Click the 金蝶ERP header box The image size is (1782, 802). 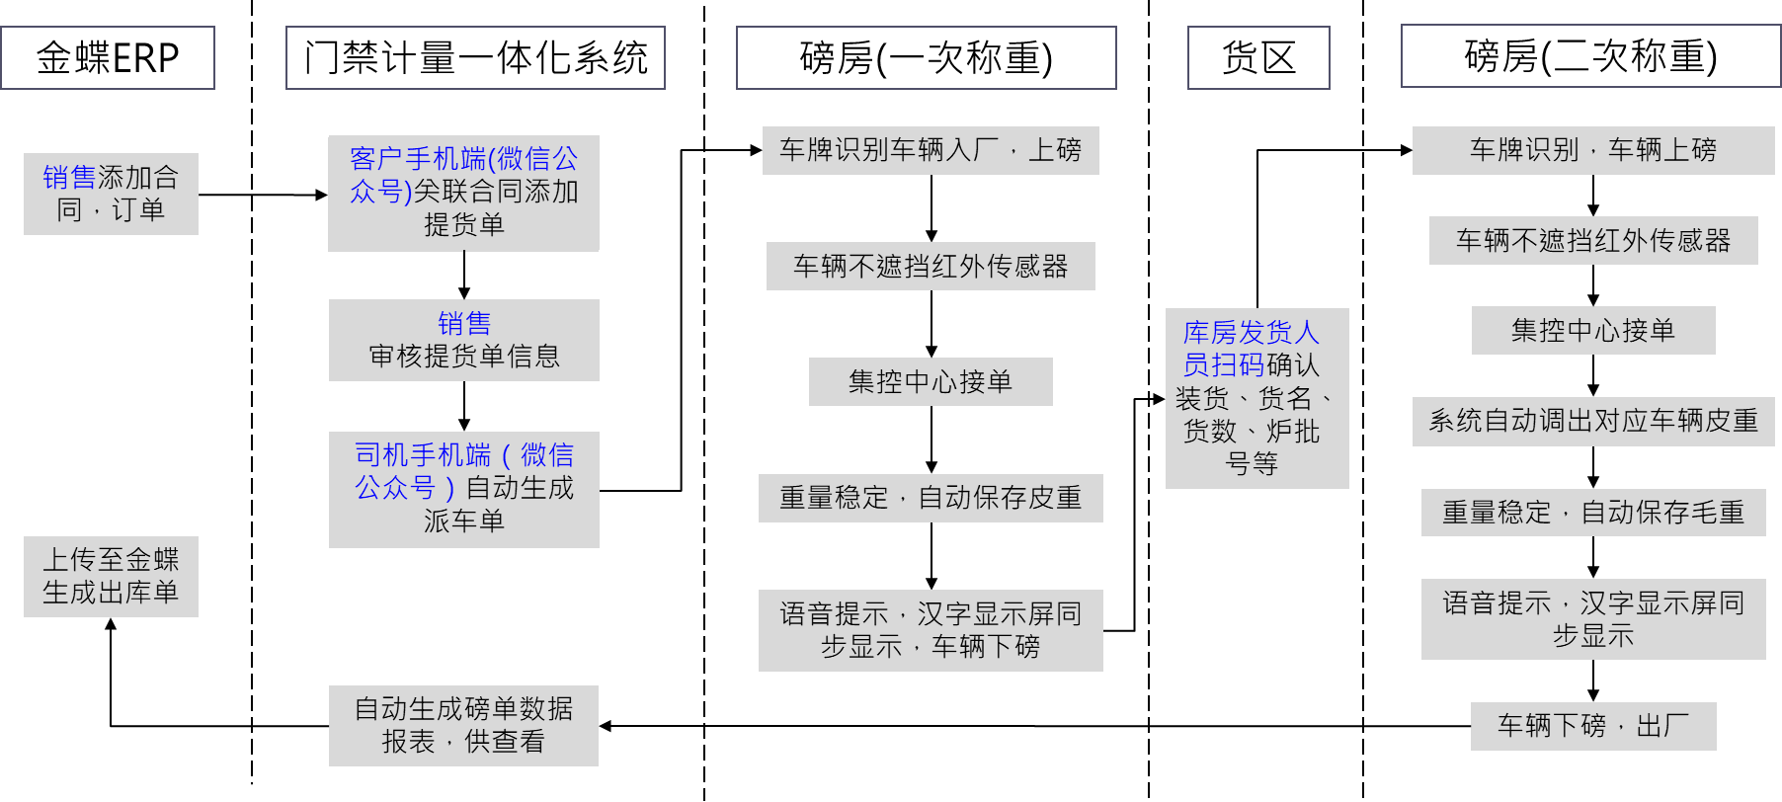tap(108, 58)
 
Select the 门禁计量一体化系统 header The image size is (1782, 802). tap(475, 58)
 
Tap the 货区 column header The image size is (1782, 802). tap(1258, 58)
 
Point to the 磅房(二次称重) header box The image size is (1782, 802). tap(1590, 56)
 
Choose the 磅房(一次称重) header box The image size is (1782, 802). tap(926, 58)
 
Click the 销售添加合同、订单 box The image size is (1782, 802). tap(111, 194)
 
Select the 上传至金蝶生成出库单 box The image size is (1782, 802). tap(111, 577)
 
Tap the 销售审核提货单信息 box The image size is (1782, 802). tap(464, 340)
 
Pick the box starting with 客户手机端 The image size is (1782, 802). tap(464, 193)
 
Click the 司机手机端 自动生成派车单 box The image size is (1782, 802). tap(464, 489)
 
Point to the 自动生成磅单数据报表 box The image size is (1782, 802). tap(464, 726)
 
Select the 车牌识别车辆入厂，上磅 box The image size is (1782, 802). tap(931, 150)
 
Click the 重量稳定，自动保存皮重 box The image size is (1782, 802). tap(931, 498)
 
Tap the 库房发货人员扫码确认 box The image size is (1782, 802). tap(1256, 398)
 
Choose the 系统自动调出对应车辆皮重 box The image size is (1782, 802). tap(1593, 422)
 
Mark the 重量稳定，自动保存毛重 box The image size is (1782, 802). tap(1593, 513)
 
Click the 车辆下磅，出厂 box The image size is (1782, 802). tap(1593, 726)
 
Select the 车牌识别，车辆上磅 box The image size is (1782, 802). tap(1593, 150)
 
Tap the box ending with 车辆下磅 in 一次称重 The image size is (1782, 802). tap(931, 630)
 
